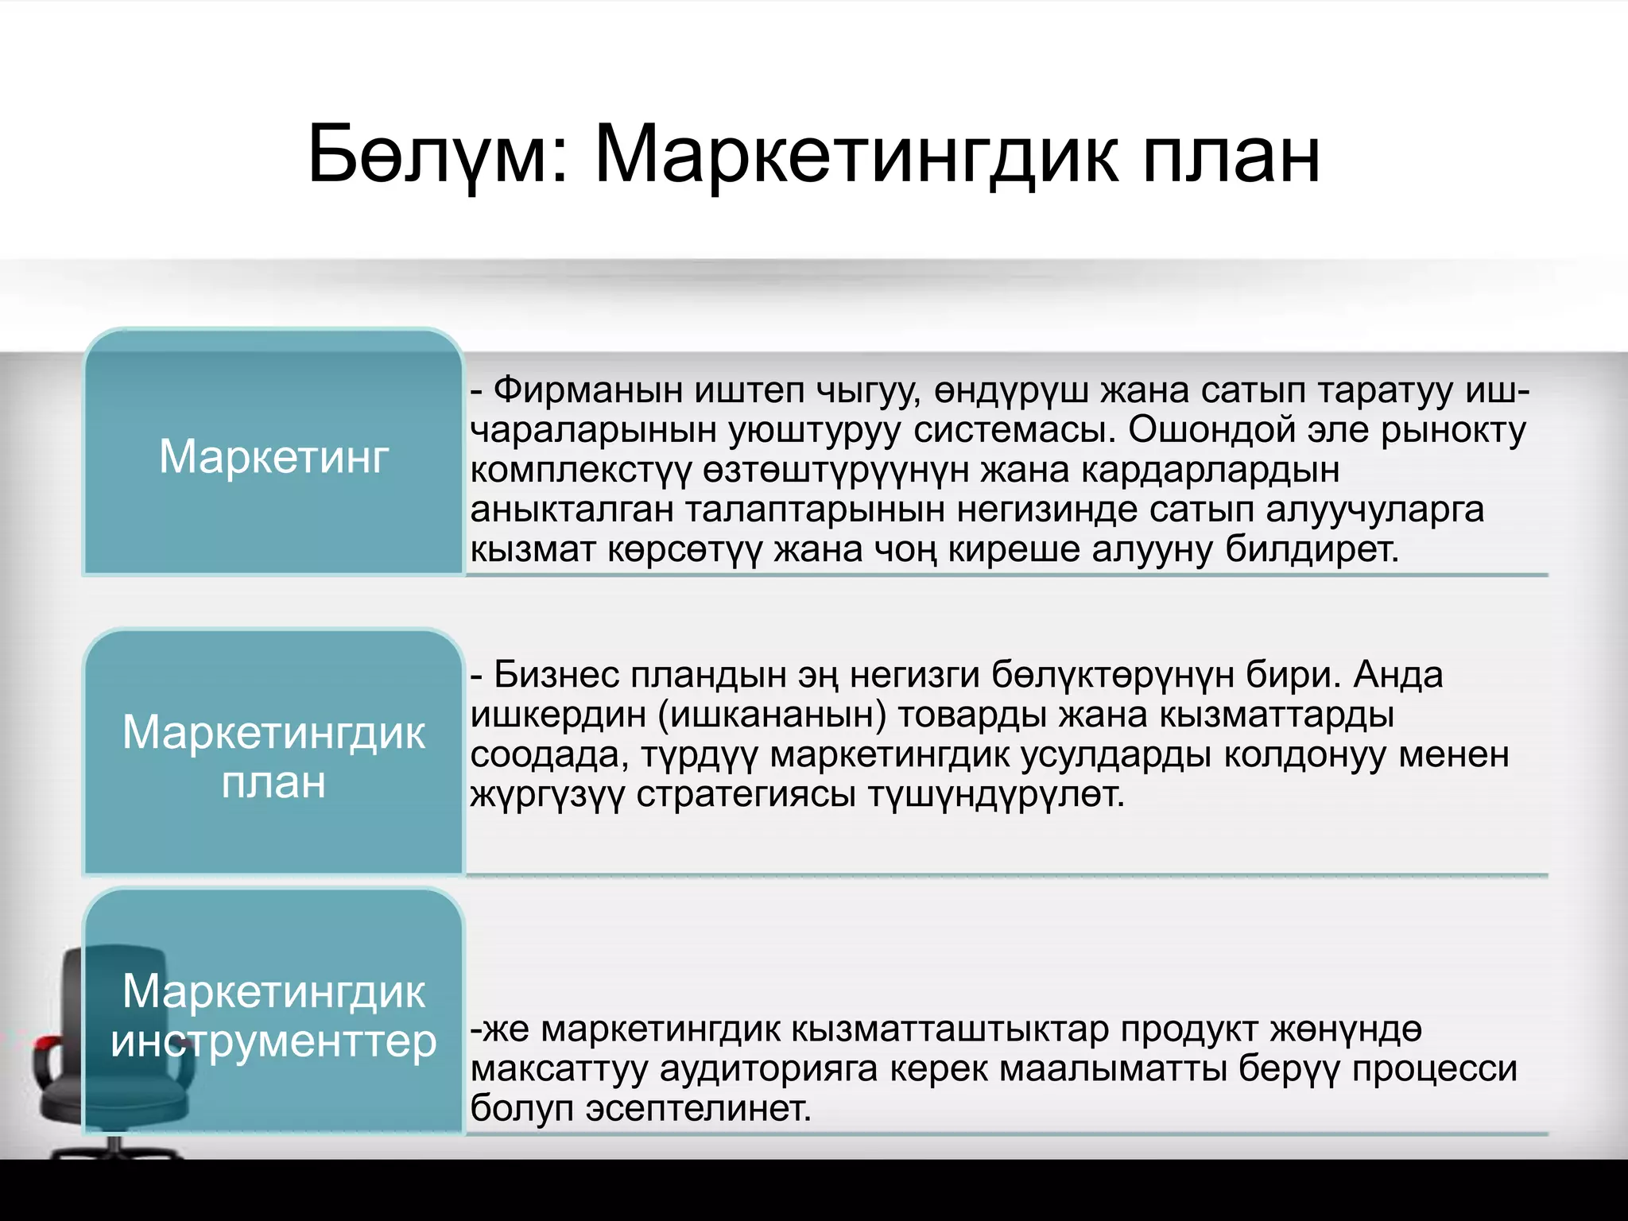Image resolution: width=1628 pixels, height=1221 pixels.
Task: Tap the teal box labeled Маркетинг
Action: [273, 457]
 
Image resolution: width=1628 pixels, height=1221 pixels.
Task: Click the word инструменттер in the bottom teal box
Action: [273, 1041]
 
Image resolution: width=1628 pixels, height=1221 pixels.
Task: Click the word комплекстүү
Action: [581, 471]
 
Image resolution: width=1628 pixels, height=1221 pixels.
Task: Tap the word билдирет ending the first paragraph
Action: [1312, 549]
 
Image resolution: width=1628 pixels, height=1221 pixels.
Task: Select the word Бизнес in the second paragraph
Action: [556, 675]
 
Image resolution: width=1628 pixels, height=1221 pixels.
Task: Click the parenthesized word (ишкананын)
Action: [772, 715]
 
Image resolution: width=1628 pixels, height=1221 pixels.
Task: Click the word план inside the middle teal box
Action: [273, 783]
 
